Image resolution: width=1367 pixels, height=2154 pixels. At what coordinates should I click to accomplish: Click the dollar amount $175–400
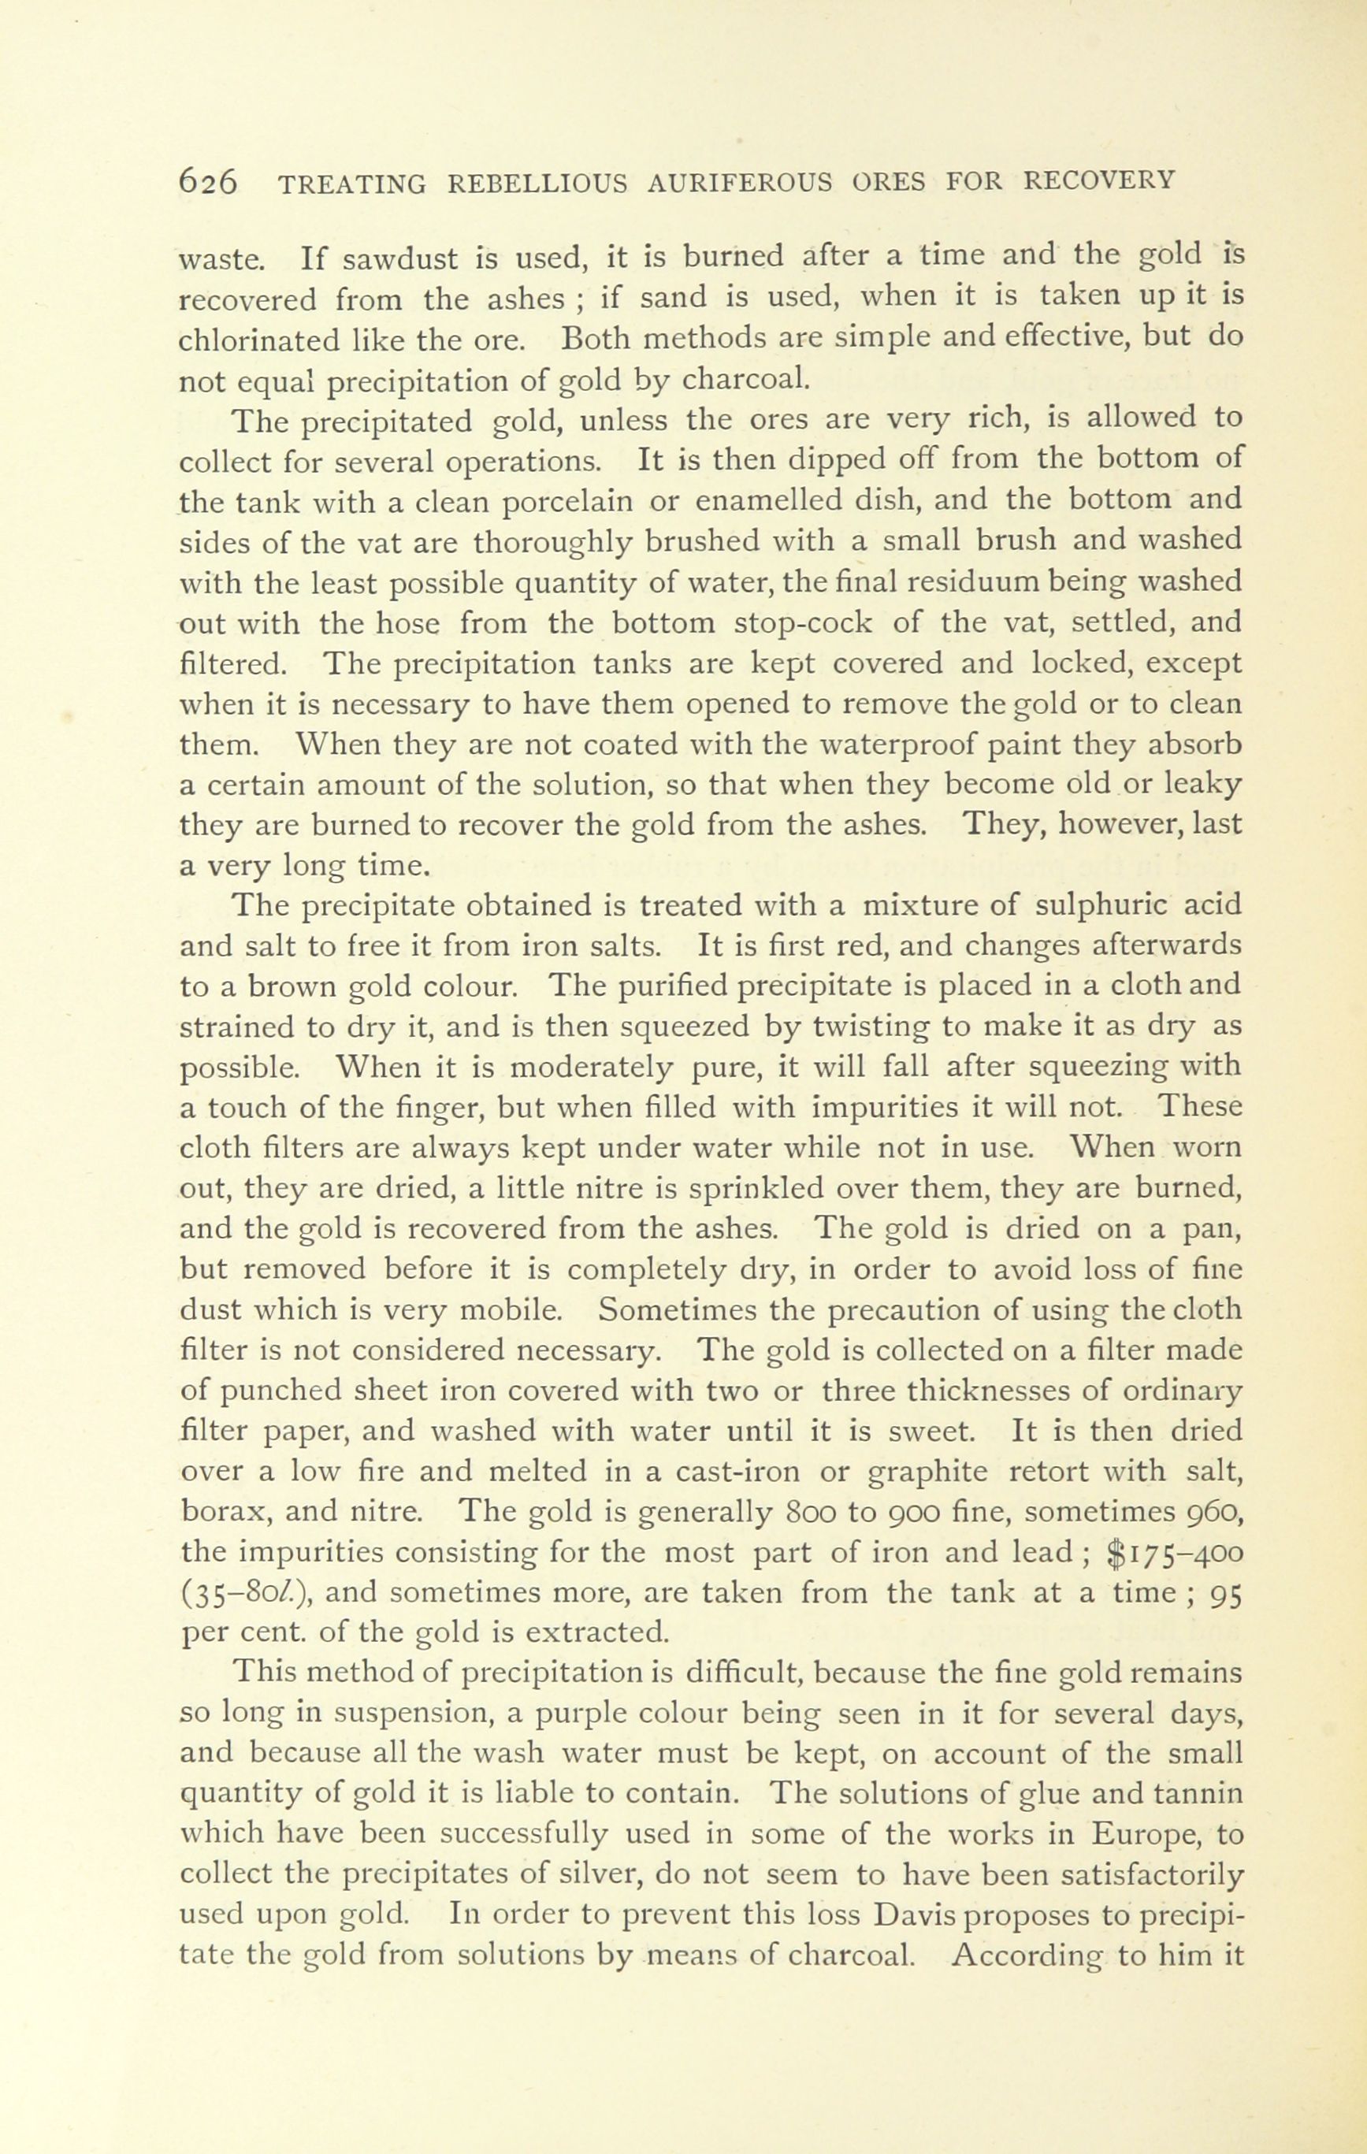pos(1174,1554)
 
